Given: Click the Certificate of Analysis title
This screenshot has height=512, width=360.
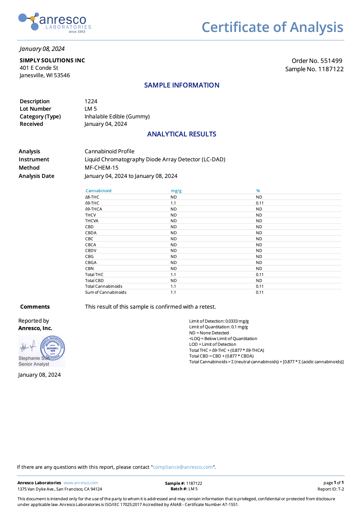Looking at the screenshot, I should pyautogui.click(x=272, y=27).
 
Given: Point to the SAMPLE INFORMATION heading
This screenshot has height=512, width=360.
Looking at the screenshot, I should pyautogui.click(x=182, y=85).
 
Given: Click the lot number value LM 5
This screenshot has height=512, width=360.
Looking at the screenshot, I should pyautogui.click(x=91, y=109).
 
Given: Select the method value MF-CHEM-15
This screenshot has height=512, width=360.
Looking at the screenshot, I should pyautogui.click(x=102, y=168).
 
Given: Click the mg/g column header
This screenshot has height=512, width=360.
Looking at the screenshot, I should pyautogui.click(x=176, y=191).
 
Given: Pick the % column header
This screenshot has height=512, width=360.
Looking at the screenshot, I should pyautogui.click(x=258, y=191).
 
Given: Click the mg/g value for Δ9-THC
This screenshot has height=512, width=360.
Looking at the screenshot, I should pyautogui.click(x=173, y=203).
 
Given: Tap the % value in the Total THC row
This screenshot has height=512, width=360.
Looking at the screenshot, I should pyautogui.click(x=260, y=275).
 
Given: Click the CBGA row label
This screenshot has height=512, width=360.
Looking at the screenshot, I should pyautogui.click(x=91, y=263).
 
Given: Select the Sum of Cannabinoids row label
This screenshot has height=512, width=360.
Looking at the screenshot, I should pyautogui.click(x=106, y=292).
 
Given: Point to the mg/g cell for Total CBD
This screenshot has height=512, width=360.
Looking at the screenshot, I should pyautogui.click(x=174, y=281).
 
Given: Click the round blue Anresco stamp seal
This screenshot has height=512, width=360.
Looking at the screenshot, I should pyautogui.click(x=53, y=348).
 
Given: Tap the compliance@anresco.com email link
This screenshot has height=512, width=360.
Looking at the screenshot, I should pyautogui.click(x=183, y=467).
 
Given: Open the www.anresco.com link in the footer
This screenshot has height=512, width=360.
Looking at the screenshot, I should pyautogui.click(x=81, y=483).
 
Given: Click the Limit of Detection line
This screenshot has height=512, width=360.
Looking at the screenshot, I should pyautogui.click(x=219, y=321).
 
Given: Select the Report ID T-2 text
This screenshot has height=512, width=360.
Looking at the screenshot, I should pyautogui.click(x=331, y=489).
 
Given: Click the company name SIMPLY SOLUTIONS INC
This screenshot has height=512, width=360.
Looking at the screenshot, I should pyautogui.click(x=52, y=61).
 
